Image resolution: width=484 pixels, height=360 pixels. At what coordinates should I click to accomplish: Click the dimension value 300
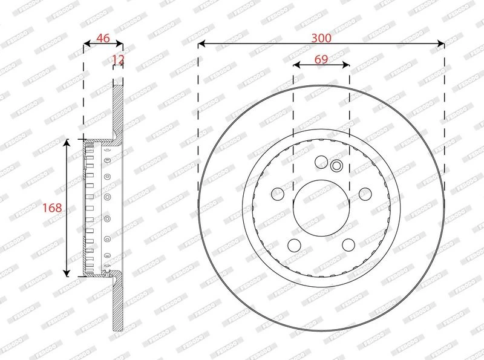[x=321, y=38]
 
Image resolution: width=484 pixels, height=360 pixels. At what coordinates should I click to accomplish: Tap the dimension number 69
[x=321, y=59]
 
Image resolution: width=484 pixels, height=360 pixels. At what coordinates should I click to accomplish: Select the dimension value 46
[x=103, y=38]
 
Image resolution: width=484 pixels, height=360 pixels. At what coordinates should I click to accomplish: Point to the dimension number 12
[x=118, y=59]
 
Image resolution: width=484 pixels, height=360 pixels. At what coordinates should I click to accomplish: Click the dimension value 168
[x=52, y=208]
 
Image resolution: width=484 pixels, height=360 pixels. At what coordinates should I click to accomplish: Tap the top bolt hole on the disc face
[x=321, y=162]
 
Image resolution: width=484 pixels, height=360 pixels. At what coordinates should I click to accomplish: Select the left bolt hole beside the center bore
[x=278, y=194]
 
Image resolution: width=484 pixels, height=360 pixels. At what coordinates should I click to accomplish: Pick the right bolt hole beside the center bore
[x=365, y=194]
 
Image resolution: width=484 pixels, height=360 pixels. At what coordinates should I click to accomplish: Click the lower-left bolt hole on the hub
[x=294, y=245]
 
